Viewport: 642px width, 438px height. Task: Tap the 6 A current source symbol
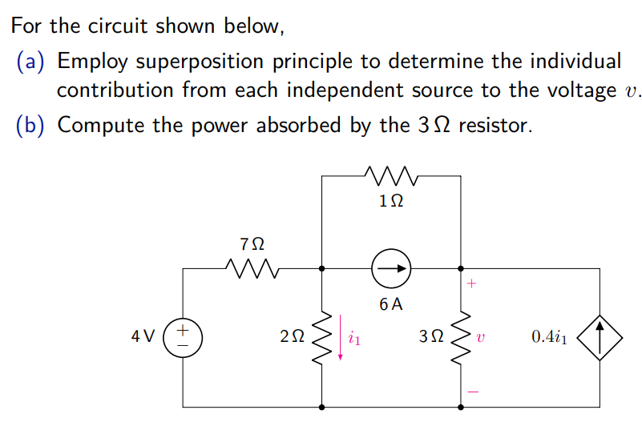point(391,269)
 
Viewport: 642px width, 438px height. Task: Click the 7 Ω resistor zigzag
point(252,269)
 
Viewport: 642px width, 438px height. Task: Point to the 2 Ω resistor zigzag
point(321,337)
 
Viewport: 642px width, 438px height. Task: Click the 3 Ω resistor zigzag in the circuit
point(461,337)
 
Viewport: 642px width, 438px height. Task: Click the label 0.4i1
point(549,337)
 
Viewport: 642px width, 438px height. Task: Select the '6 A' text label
point(391,304)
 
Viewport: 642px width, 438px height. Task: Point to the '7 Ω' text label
point(252,242)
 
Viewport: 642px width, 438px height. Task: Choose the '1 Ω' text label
point(390,203)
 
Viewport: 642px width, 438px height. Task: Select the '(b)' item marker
point(31,126)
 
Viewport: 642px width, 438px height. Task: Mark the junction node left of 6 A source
point(321,269)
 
